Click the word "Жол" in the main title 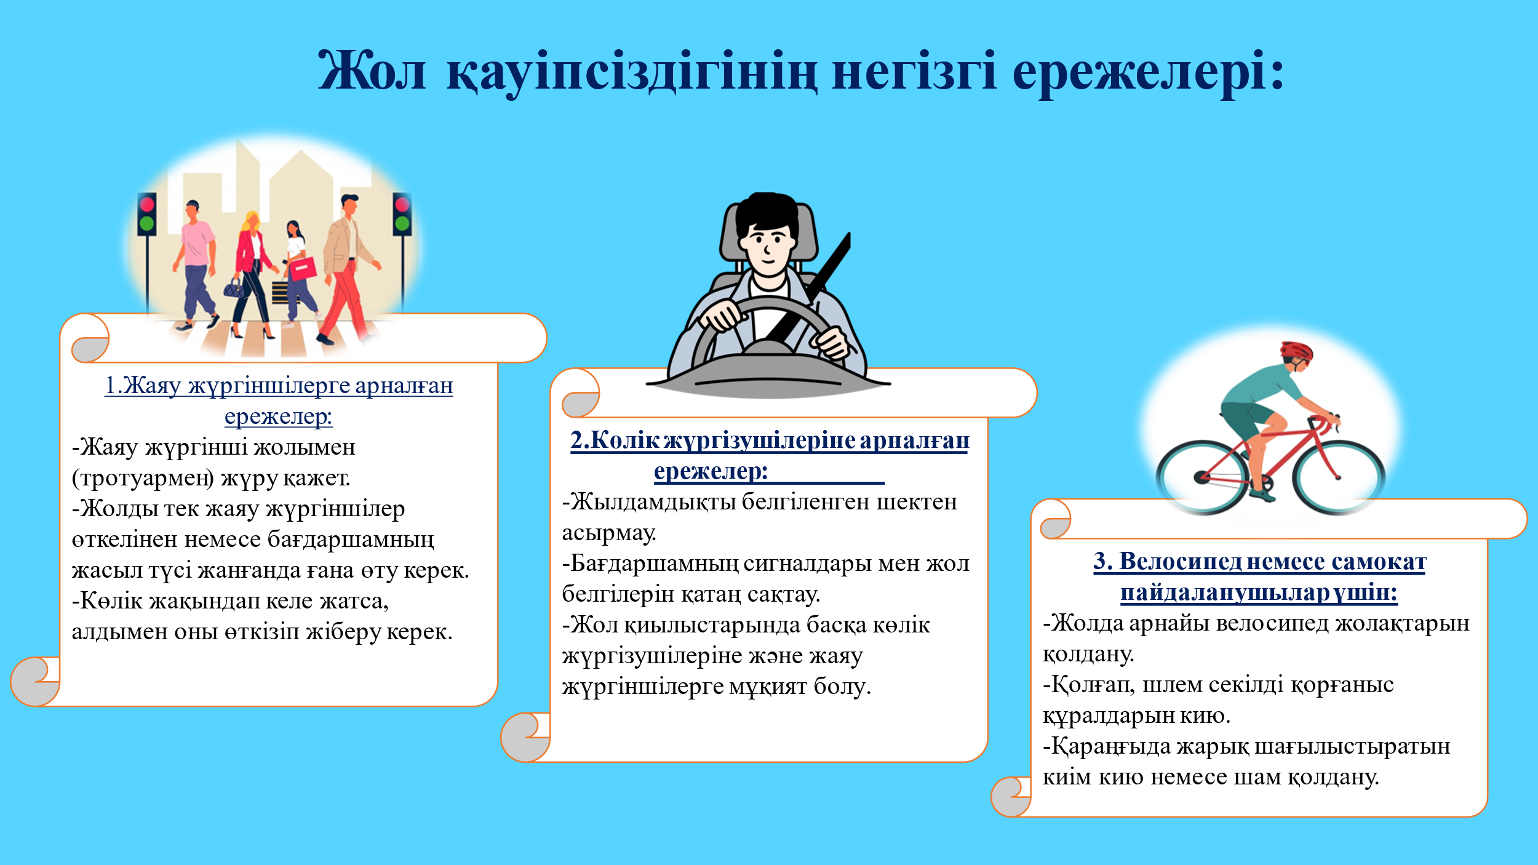coord(372,71)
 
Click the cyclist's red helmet coord(1296,351)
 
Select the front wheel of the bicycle coord(1339,477)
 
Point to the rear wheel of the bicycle coord(1203,477)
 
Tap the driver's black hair coord(767,212)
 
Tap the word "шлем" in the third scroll coord(1172,684)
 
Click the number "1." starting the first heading coord(114,385)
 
